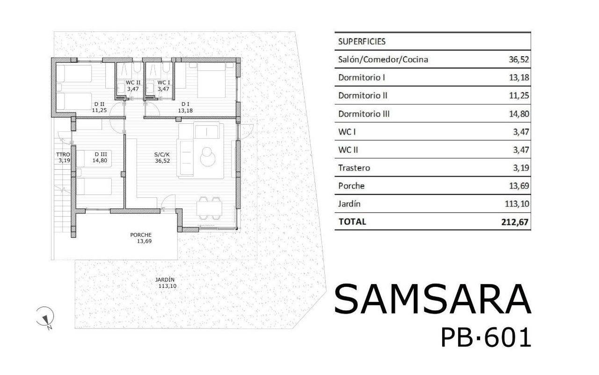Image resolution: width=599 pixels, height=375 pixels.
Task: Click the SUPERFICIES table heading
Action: click(x=362, y=41)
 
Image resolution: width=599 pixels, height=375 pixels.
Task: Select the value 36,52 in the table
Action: click(x=518, y=60)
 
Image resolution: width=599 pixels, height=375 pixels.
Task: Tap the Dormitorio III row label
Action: click(x=364, y=114)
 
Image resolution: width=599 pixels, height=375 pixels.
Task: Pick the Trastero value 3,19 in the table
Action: click(x=520, y=168)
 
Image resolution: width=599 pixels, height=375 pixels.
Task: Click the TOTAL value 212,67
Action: click(x=514, y=222)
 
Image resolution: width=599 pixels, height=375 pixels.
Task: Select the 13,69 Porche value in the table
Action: click(x=518, y=186)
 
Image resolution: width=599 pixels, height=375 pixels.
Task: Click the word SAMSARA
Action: click(x=432, y=299)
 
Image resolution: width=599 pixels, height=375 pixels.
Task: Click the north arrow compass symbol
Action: click(x=45, y=316)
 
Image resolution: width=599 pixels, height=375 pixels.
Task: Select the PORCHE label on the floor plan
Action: click(x=141, y=235)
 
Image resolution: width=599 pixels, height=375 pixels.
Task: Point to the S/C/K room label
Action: click(x=162, y=154)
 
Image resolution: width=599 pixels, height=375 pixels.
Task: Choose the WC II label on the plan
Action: click(x=133, y=82)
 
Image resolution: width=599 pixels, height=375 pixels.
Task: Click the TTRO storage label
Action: click(x=63, y=154)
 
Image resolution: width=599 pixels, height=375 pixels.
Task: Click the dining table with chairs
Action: click(x=209, y=207)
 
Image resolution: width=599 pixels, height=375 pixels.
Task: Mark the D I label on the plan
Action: click(x=185, y=105)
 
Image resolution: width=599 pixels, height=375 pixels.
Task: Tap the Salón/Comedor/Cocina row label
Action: click(x=383, y=60)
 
